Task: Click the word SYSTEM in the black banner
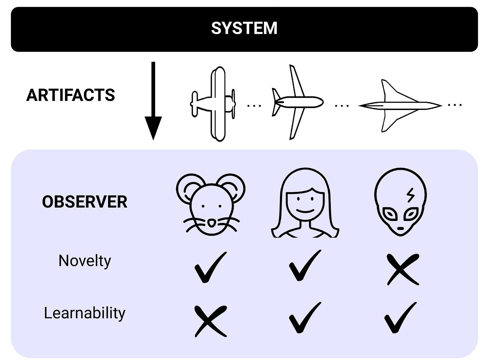pyautogui.click(x=244, y=28)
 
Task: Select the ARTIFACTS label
pyautogui.click(x=71, y=95)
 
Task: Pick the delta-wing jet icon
pyautogui.click(x=400, y=106)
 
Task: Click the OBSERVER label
pyautogui.click(x=85, y=202)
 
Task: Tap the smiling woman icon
pyautogui.click(x=305, y=203)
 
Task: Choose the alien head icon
pyautogui.click(x=400, y=202)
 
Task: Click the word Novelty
pyautogui.click(x=85, y=261)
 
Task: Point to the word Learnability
pyautogui.click(x=85, y=313)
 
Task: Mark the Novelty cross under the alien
pyautogui.click(x=403, y=269)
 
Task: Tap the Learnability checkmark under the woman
pyautogui.click(x=304, y=318)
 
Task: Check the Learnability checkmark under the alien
pyautogui.click(x=400, y=318)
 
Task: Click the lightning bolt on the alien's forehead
pyautogui.click(x=410, y=195)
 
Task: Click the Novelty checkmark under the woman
pyautogui.click(x=304, y=266)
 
